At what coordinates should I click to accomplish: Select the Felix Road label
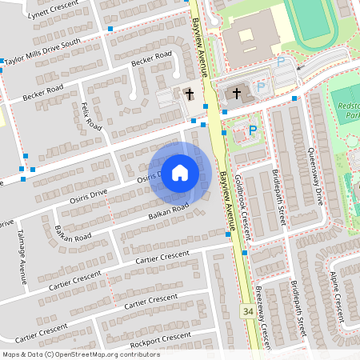(91, 116)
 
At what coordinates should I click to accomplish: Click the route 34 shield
(250, 310)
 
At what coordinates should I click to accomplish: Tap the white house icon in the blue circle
(180, 172)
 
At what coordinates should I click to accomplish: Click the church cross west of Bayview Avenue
(190, 94)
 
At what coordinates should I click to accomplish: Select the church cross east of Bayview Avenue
(237, 94)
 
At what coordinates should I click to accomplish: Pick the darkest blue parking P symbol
(254, 130)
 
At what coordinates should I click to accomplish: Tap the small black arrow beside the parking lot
(298, 69)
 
